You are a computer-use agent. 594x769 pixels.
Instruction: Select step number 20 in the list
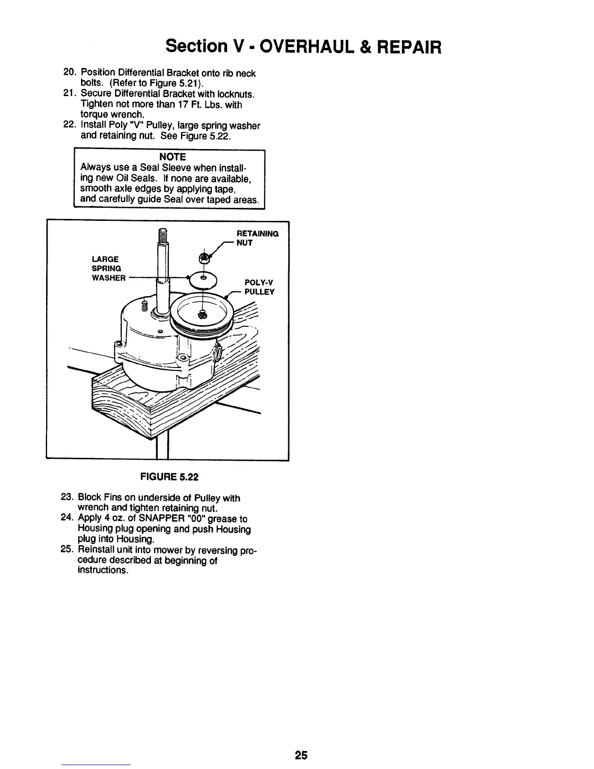coord(70,73)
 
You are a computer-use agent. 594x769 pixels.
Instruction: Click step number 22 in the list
coord(70,125)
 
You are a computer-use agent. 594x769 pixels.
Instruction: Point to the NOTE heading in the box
coord(172,157)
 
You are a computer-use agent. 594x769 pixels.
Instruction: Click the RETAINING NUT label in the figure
coord(257,238)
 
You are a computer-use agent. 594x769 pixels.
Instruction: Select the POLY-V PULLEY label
coord(259,287)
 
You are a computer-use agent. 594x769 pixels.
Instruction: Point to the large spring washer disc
coord(204,278)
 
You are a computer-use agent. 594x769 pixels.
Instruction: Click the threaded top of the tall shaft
coord(163,236)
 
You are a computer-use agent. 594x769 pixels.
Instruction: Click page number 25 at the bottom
coord(300,755)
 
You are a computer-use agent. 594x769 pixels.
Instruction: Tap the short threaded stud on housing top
coord(144,305)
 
